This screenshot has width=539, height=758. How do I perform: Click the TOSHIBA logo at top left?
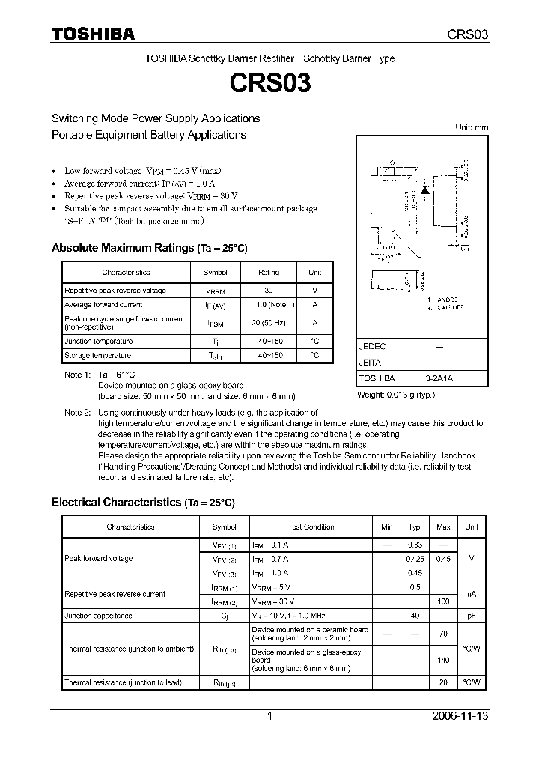pos(93,34)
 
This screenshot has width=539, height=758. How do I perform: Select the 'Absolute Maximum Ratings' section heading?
pos(122,248)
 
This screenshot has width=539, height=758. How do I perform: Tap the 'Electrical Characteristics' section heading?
pos(117,503)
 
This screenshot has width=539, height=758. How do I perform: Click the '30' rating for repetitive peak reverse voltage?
pos(268,291)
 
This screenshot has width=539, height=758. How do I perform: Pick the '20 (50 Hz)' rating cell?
pos(268,323)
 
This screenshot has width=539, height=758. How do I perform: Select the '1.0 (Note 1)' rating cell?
pos(275,305)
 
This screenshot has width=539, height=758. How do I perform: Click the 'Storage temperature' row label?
pos(97,355)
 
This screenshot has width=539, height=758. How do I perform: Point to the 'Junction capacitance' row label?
pos(98,616)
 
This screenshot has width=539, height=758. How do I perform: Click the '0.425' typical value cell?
pos(415,559)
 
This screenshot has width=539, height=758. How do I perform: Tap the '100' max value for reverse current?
pos(443,601)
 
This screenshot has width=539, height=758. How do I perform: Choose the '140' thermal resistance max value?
pos(443,661)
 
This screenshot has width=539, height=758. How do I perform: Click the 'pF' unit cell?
pos(472,616)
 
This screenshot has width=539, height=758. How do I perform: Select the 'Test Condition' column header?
pos(311,527)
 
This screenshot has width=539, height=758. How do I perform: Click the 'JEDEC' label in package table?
pos(372,347)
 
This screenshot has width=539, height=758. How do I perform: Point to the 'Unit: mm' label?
pos(472,127)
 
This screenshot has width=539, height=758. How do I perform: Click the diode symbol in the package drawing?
pos(426,190)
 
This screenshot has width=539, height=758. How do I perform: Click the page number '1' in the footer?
pos(269,716)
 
